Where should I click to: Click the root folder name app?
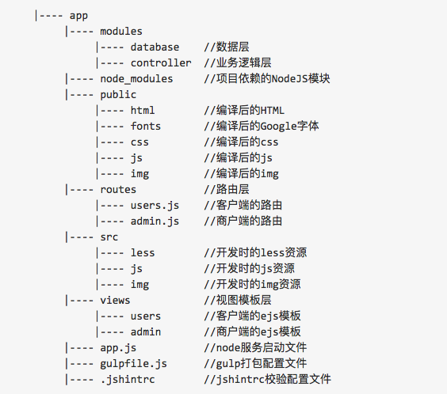pos(78,16)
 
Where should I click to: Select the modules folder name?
pos(121,32)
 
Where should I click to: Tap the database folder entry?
pos(155,47)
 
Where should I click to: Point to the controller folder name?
pos(161,63)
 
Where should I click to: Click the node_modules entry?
pos(136,79)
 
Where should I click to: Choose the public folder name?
pos(118,95)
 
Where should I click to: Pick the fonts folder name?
pos(146,126)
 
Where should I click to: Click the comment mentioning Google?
pos(262,126)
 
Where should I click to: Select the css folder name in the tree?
pos(139,142)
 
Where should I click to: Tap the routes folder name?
pos(118,189)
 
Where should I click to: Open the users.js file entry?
pos(155,206)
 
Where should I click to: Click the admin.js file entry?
pos(155,221)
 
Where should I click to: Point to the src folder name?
pos(109,237)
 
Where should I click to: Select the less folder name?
pos(143,252)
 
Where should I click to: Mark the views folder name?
pos(115,300)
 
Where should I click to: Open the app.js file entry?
pos(118,348)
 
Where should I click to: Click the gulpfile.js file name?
pos(133,364)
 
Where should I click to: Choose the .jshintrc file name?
pos(128,379)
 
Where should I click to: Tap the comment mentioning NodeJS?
pos(267,79)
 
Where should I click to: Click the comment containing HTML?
pos(244,111)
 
